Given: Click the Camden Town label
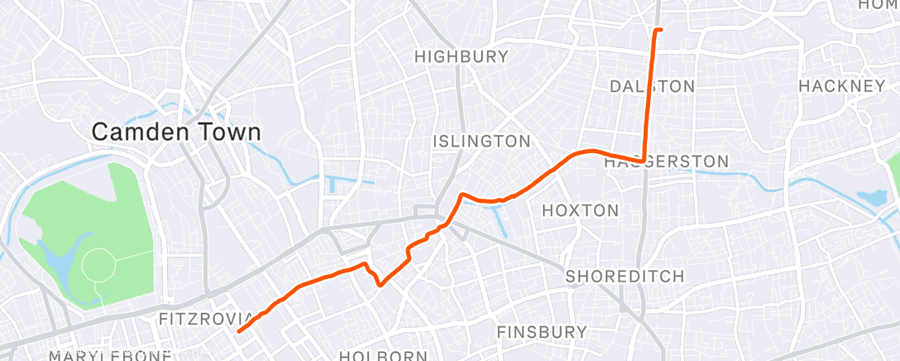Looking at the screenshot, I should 175,132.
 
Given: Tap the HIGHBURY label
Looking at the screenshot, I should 461,57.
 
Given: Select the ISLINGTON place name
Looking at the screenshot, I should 481,142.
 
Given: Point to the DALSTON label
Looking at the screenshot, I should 651,86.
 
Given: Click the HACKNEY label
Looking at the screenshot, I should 842,86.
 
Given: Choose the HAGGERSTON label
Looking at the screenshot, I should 666,161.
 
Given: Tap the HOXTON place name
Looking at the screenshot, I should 580,210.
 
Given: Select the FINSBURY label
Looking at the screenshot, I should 542,332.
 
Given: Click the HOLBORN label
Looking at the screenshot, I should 382,356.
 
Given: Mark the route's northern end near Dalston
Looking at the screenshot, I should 658,30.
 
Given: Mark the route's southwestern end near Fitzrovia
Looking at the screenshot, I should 239,331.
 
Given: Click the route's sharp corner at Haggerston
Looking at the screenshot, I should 644,161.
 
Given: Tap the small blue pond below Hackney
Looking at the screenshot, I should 870,198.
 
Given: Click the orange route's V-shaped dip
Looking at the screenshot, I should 380,284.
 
